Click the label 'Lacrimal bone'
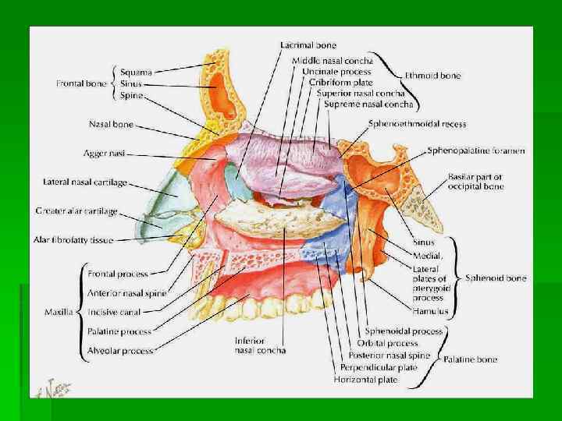(x=309, y=45)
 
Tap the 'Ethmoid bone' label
(x=432, y=76)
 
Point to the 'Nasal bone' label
(x=112, y=123)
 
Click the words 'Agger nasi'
(x=105, y=153)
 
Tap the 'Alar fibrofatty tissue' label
(x=74, y=239)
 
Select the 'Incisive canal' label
(x=114, y=312)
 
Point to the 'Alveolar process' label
(x=120, y=351)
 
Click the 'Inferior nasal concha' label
(x=260, y=345)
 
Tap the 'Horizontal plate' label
(x=365, y=380)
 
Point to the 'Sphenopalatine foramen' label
(x=475, y=150)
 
